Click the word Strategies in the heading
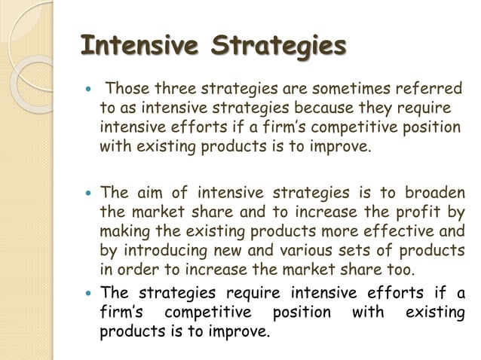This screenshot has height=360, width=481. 278,46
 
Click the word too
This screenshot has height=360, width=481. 398,269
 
